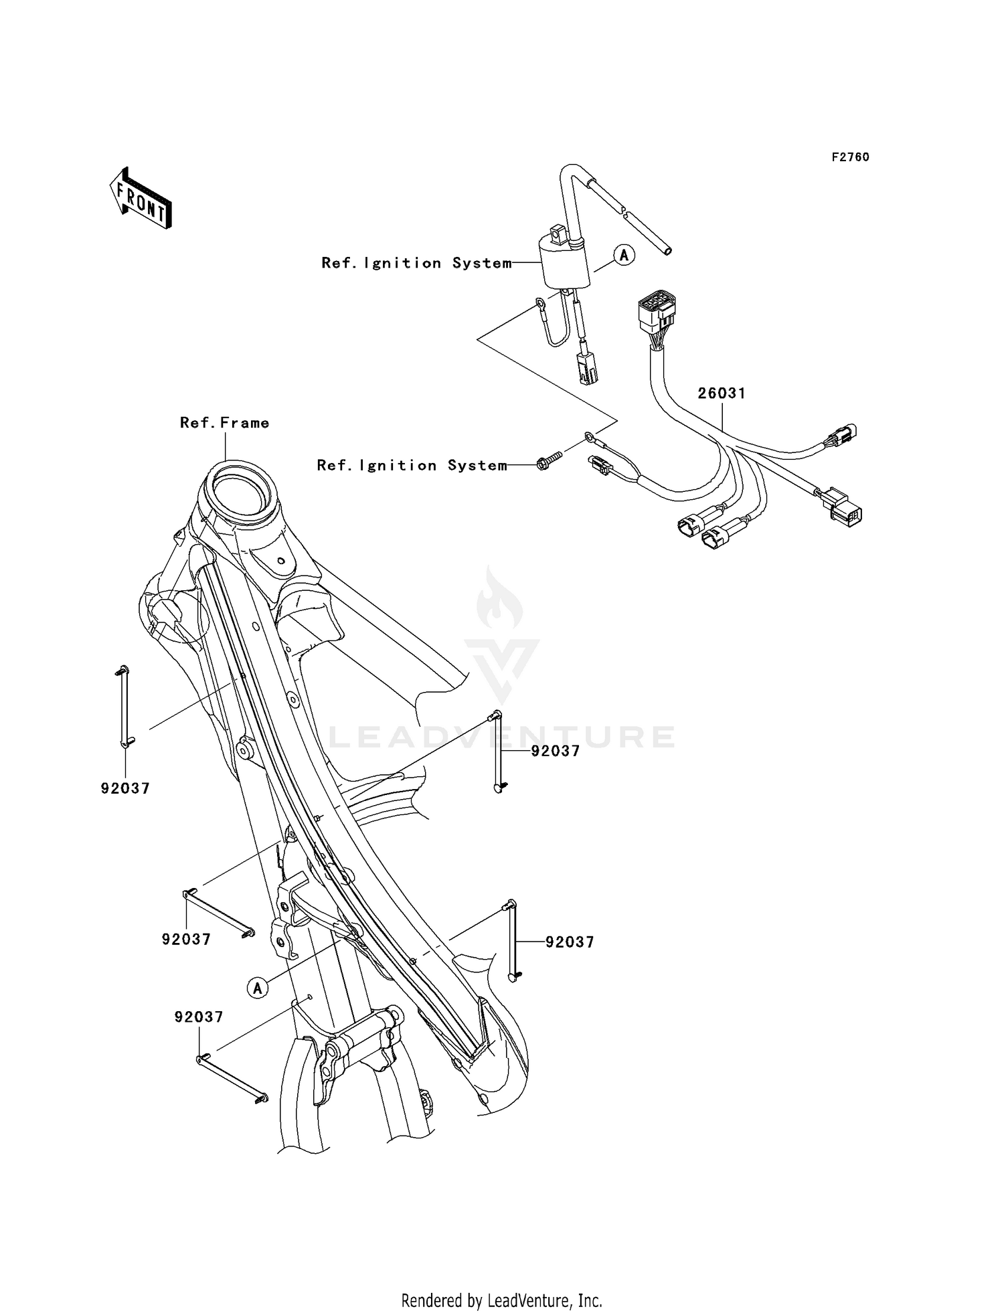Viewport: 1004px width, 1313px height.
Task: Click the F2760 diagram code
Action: (850, 157)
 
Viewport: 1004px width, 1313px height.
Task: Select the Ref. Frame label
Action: (224, 423)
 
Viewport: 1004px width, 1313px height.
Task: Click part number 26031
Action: (722, 393)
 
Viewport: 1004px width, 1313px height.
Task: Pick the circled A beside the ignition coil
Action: (624, 255)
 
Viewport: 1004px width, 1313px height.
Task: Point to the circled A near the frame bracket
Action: (258, 987)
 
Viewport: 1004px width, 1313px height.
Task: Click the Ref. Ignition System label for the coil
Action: (416, 263)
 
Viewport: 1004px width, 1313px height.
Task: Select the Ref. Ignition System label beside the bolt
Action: (412, 465)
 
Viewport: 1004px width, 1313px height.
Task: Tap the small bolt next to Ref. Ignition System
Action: (547, 461)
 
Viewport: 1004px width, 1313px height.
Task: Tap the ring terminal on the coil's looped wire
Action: (539, 307)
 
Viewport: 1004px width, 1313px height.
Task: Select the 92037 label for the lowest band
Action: (199, 1017)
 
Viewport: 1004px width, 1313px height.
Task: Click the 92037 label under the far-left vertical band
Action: (125, 788)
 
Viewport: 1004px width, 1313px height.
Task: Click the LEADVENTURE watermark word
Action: (502, 737)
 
